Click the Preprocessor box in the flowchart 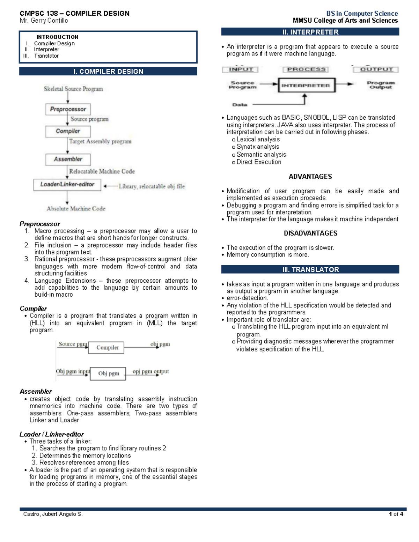68,109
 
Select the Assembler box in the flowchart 68,159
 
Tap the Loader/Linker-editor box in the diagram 67,185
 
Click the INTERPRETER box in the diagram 306,86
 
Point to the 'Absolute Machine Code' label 76,209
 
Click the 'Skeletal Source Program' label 73,89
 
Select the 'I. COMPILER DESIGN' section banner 108,72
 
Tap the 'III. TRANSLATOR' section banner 310,269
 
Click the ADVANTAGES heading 310,177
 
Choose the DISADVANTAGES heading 310,233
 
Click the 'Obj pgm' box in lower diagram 108,373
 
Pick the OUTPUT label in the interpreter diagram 376,69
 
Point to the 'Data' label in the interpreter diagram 240,105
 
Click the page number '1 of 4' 396,514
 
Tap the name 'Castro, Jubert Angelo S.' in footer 53,514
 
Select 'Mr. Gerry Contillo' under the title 44,21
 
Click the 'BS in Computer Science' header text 362,14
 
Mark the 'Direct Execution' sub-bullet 258,162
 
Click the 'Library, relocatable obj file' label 152,186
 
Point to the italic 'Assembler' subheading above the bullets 36,392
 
